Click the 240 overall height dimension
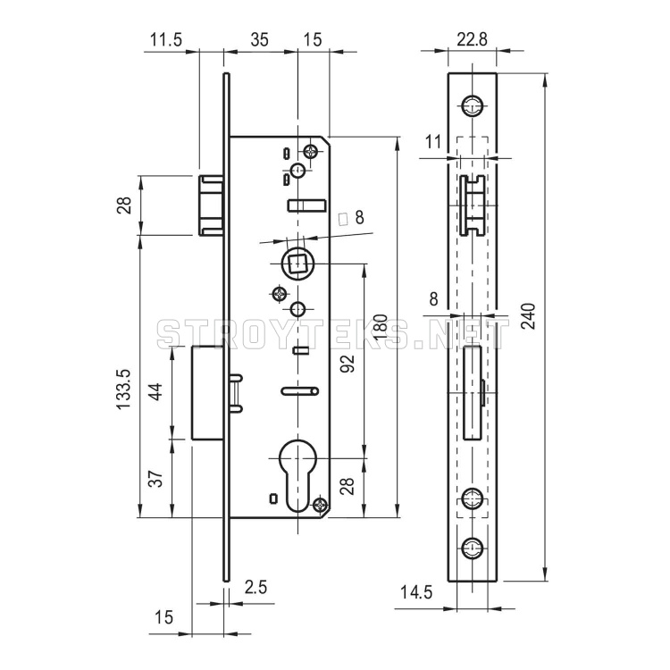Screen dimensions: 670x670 529,315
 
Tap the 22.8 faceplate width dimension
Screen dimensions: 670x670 472,39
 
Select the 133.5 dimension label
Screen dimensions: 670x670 124,389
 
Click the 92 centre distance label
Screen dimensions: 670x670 348,364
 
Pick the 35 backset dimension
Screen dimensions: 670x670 259,39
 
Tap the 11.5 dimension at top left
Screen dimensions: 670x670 166,39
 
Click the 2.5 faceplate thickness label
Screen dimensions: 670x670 255,587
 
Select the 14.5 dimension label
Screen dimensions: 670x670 416,592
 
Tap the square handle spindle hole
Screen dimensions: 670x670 297,264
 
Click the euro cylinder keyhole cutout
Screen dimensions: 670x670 297,475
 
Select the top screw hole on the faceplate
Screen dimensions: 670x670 473,105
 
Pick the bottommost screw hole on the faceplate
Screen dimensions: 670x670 473,548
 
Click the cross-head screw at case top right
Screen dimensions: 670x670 311,151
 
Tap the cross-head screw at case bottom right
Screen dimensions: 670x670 320,505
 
